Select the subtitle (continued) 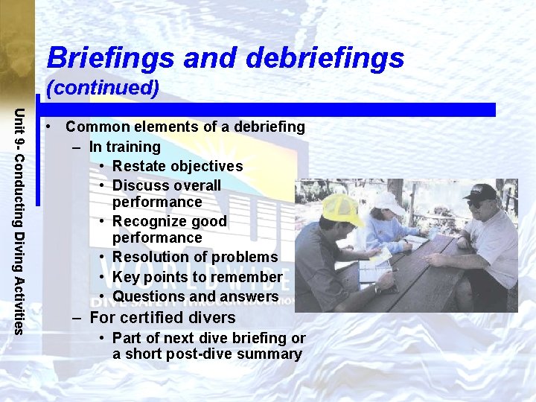click(103, 88)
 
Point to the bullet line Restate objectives click(177, 166)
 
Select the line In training click(124, 147)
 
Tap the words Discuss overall click(167, 185)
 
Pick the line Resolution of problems click(195, 258)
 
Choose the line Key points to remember click(197, 277)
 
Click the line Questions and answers click(195, 296)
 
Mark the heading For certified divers click(162, 318)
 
